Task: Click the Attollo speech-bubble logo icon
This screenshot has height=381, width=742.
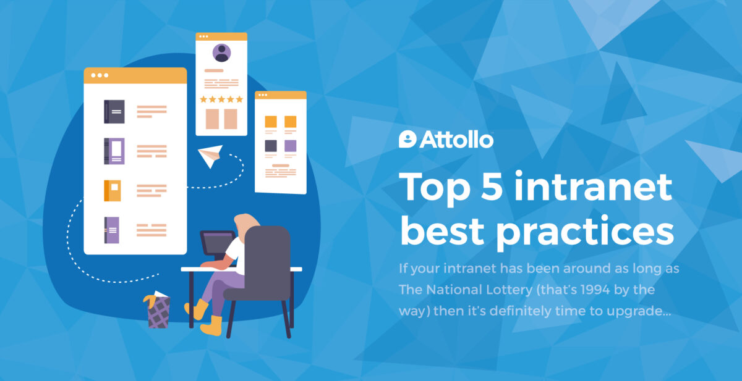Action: (x=407, y=139)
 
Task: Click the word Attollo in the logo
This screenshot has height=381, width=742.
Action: (x=456, y=140)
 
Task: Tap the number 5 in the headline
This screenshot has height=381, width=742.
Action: (x=492, y=186)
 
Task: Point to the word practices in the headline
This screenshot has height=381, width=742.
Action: (x=585, y=232)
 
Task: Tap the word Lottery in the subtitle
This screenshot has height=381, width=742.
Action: (x=509, y=290)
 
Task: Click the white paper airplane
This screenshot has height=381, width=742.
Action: (x=210, y=156)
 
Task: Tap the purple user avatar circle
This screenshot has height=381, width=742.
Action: (x=221, y=53)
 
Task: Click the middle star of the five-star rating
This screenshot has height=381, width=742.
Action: (x=221, y=99)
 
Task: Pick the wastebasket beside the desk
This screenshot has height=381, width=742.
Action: (x=158, y=311)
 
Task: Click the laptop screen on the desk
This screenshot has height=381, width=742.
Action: (x=218, y=244)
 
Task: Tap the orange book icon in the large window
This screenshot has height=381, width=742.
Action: (x=113, y=191)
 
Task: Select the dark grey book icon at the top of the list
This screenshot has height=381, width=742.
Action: (x=114, y=112)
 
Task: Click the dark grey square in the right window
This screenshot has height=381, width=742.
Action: (x=271, y=146)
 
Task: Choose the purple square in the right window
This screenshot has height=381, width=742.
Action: (x=291, y=146)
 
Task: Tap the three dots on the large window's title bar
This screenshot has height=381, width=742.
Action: (x=100, y=75)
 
